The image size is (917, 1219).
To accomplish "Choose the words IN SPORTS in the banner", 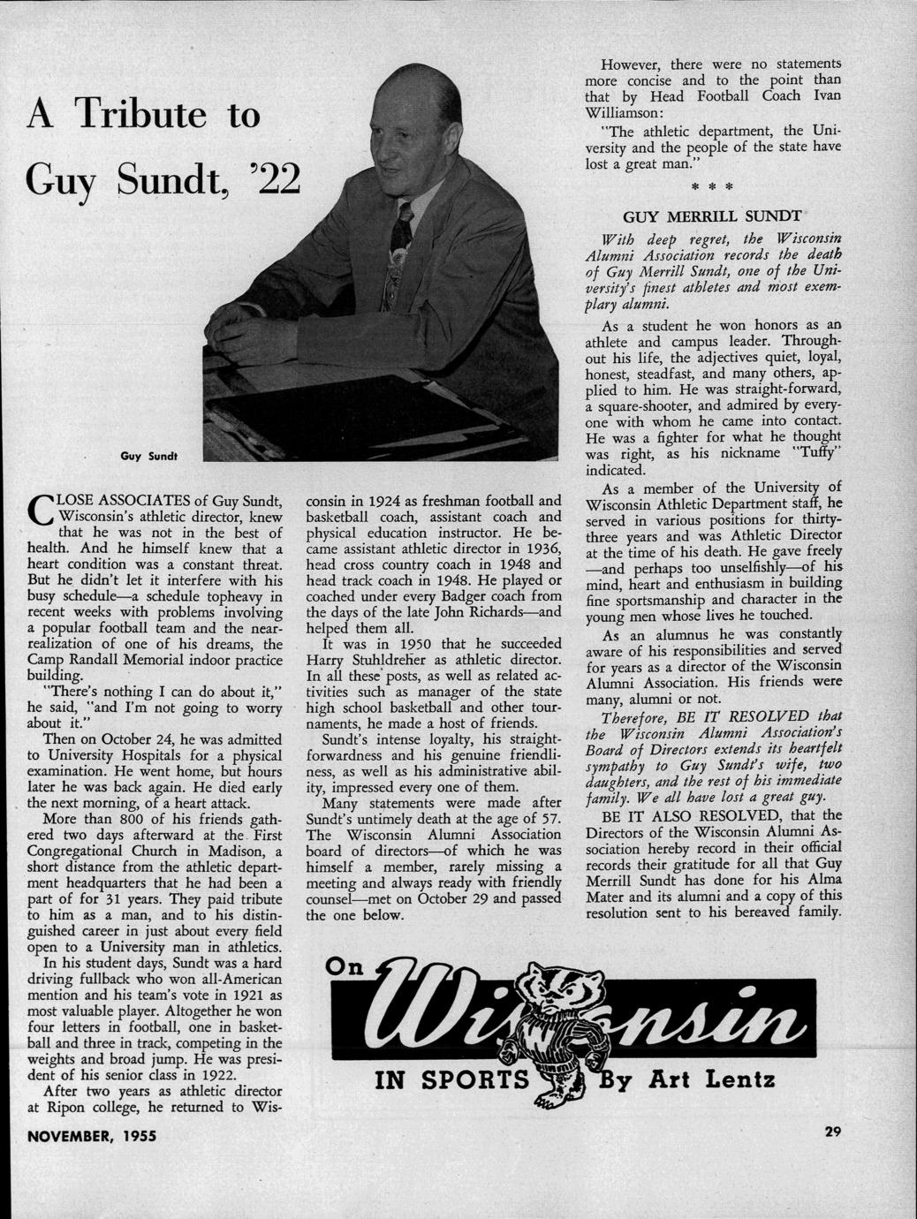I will tap(451, 1080).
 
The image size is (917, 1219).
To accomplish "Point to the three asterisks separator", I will tap(721, 188).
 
